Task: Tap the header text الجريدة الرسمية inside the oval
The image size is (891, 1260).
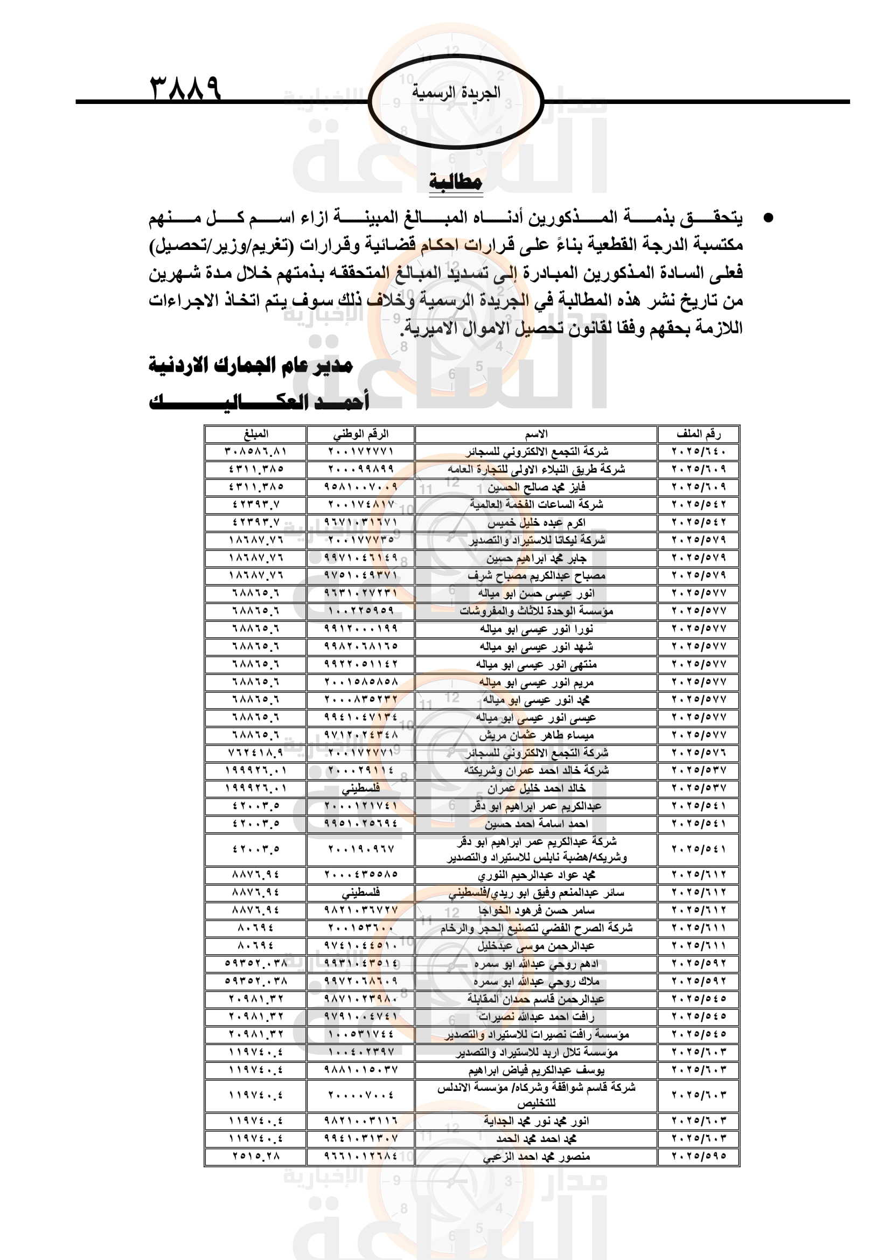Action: click(x=456, y=92)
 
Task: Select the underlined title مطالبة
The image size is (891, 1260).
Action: click(x=455, y=182)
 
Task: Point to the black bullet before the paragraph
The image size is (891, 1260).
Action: click(x=769, y=218)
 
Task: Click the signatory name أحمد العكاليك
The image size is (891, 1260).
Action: click(x=259, y=402)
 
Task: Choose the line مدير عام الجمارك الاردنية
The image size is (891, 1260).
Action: click(x=250, y=365)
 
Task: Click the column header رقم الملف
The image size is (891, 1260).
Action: click(x=699, y=434)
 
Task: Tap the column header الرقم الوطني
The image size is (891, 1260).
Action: click(x=360, y=434)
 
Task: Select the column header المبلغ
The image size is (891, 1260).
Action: click(x=256, y=434)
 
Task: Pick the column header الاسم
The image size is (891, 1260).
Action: click(x=536, y=434)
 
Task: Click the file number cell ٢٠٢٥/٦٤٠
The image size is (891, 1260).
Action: click(x=699, y=451)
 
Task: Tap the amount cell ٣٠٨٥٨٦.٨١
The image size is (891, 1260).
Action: click(x=256, y=451)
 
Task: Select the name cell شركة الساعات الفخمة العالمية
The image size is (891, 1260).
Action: click(x=536, y=504)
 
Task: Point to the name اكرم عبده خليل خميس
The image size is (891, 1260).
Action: click(x=536, y=523)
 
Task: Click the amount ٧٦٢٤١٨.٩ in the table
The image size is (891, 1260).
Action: click(x=256, y=753)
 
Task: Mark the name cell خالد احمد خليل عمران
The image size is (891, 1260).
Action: click(x=536, y=788)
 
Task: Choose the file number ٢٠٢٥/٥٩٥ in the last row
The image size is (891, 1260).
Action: click(x=699, y=1156)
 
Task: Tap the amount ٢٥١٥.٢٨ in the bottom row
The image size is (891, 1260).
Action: click(x=256, y=1156)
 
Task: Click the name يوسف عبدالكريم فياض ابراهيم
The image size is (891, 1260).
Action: click(x=536, y=1070)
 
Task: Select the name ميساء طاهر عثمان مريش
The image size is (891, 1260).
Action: click(x=536, y=735)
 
